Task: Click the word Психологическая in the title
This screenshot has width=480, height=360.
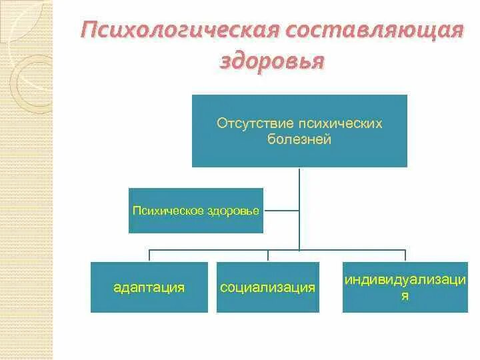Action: click(177, 31)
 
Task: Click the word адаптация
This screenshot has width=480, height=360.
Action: click(149, 288)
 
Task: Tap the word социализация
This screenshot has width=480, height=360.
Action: click(267, 288)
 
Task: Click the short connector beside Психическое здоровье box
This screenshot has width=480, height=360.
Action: click(281, 211)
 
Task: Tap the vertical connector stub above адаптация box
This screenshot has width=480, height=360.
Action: click(149, 256)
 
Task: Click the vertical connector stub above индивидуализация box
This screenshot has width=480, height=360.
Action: click(405, 256)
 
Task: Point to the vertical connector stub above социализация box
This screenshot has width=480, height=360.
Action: click(267, 256)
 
